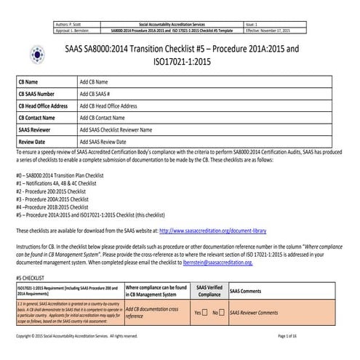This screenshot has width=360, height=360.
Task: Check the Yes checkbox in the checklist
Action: (207, 313)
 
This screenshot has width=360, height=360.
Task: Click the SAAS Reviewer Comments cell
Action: (260, 313)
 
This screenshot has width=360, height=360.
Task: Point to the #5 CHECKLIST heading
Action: (32, 278)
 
